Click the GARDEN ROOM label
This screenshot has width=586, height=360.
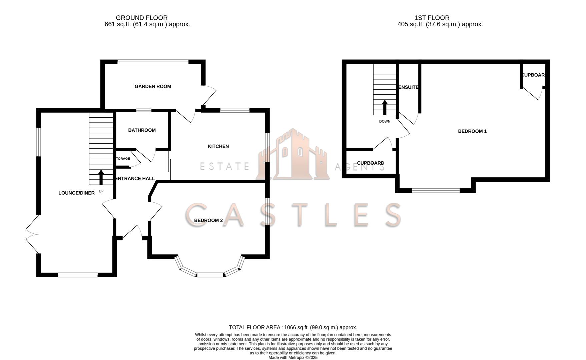coord(153,86)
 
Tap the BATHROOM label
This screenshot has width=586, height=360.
coord(142,130)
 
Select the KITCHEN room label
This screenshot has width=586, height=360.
coord(218,146)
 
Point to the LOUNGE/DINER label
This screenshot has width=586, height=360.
coord(76,193)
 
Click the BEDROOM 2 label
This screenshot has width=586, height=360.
coord(208,220)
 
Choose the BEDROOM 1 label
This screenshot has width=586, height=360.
coord(472,131)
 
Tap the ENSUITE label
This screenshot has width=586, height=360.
coord(409,87)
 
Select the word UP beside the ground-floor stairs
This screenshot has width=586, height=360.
coord(101,191)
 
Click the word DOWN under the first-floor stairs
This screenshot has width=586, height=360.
coord(385,121)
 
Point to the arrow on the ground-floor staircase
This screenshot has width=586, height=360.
coord(101,177)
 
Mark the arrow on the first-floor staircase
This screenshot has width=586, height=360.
coord(385,107)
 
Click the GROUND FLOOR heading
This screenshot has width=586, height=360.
coord(142,18)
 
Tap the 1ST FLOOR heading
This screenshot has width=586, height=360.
coord(432,18)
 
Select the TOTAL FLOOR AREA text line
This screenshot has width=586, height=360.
coord(293,327)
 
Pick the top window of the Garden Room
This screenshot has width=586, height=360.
coord(153,62)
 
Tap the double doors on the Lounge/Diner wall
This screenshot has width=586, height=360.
coord(33,234)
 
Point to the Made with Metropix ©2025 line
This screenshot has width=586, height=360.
coord(293,357)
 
